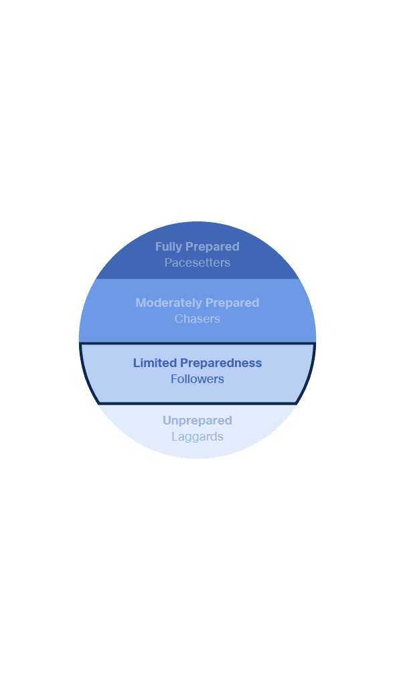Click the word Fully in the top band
[169, 247]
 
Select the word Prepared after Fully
[212, 247]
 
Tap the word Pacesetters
[197, 263]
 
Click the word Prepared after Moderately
[232, 303]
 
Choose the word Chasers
[197, 319]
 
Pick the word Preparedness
[221, 363]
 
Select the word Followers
[197, 379]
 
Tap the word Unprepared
[197, 421]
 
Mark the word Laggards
[197, 437]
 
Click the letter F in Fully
[159, 247]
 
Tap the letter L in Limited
[137, 363]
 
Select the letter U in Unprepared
[167, 421]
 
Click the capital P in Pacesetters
[168, 263]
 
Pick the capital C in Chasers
[179, 319]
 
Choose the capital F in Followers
[174, 379]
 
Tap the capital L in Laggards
[174, 436]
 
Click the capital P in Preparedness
[184, 363]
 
